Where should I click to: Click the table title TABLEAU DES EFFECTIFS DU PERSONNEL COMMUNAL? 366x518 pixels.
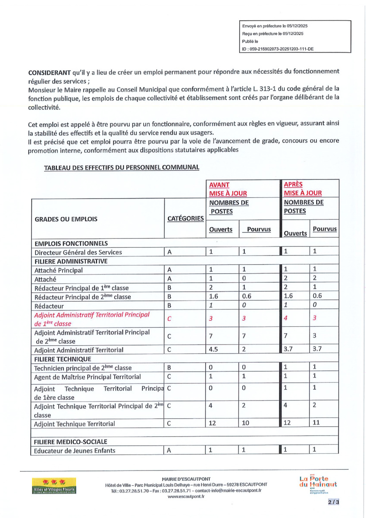tap(122, 167)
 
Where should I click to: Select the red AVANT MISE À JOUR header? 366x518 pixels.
tap(228, 188)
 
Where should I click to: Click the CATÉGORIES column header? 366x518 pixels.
tap(185, 218)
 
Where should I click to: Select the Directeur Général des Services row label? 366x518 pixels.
tap(78, 252)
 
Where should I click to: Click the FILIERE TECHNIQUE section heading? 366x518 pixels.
tap(63, 359)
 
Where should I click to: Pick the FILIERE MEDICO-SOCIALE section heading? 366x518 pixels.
tap(71, 441)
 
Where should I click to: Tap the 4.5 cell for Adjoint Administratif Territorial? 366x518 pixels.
tap(213, 350)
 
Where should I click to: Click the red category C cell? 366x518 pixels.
tap(169, 319)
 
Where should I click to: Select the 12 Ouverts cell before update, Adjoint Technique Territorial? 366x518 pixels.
tap(213, 423)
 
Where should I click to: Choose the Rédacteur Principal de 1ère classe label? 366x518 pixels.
tap(81, 288)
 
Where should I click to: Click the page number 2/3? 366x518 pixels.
tap(333, 502)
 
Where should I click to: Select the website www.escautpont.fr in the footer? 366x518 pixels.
tap(186, 497)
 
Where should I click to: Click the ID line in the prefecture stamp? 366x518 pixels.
tap(278, 49)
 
